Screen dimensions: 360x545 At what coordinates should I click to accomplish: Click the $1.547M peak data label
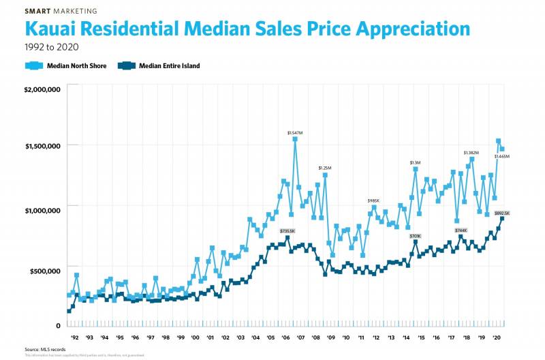(295, 132)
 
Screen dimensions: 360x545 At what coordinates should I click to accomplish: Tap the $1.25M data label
(325, 168)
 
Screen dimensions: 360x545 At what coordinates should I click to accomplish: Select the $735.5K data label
(287, 231)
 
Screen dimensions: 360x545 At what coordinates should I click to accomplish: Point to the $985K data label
(373, 200)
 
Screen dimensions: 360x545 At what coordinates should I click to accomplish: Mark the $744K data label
(461, 230)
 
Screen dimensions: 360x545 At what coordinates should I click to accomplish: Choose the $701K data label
(416, 236)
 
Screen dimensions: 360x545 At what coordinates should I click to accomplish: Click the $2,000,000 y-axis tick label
(43, 89)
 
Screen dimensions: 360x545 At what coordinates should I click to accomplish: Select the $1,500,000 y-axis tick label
(43, 146)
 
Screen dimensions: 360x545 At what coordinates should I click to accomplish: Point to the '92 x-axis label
(74, 337)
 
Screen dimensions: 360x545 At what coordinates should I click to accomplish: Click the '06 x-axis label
(286, 337)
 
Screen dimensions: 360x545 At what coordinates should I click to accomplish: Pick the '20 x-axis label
(497, 337)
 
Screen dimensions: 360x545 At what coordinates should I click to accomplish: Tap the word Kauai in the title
(55, 29)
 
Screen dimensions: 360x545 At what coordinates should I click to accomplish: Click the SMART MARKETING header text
(61, 12)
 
